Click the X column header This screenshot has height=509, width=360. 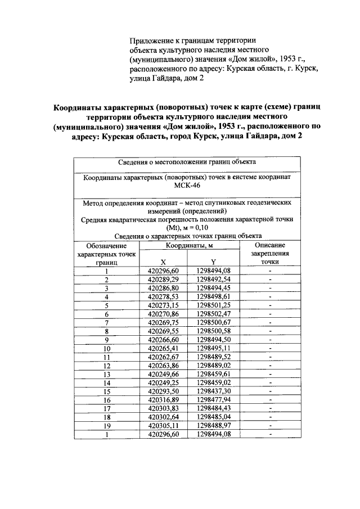(163, 262)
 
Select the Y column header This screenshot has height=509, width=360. (213, 262)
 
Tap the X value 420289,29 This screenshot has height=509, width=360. (163, 279)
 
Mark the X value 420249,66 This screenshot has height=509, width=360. (163, 373)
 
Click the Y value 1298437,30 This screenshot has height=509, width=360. (214, 391)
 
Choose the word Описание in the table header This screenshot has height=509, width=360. (270, 246)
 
